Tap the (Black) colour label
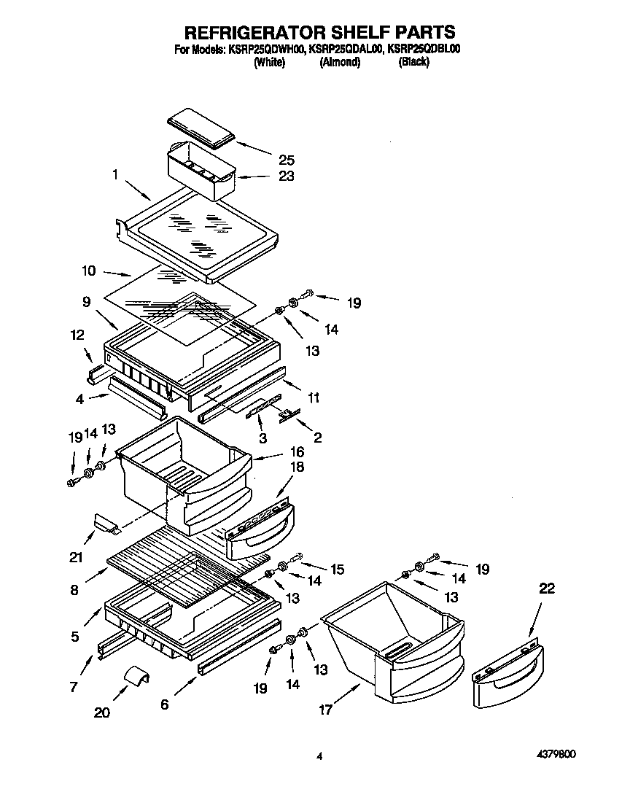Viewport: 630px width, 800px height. tap(413, 63)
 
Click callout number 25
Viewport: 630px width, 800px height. tap(287, 159)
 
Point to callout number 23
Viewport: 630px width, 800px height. tap(287, 176)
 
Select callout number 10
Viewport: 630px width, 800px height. tap(88, 271)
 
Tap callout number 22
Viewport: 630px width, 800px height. tap(546, 589)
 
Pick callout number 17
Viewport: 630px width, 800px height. tap(326, 709)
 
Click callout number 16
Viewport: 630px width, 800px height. tap(296, 452)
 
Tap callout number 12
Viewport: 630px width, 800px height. tap(78, 335)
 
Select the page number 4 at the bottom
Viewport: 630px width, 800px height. tap(319, 757)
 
